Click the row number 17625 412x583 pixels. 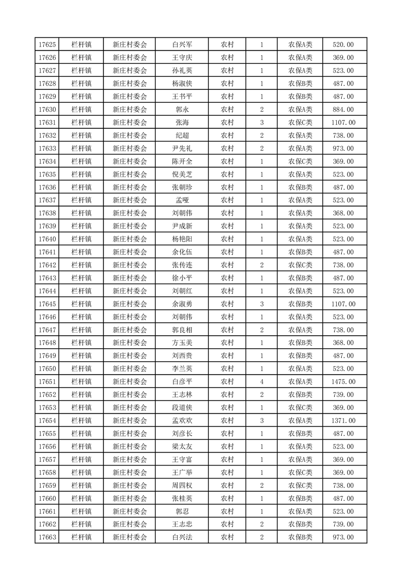pyautogui.click(x=47, y=45)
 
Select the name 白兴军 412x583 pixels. pyautogui.click(x=182, y=45)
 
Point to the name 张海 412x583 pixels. pyautogui.click(x=182, y=123)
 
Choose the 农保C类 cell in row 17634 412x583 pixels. pyautogui.click(x=300, y=162)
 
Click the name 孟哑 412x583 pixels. pyautogui.click(x=182, y=201)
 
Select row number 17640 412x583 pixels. pyautogui.click(x=47, y=239)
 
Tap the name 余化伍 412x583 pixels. pyautogui.click(x=182, y=252)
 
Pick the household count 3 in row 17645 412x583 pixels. pyautogui.click(x=261, y=304)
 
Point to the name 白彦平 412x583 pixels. pyautogui.click(x=182, y=382)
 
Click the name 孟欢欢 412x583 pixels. pyautogui.click(x=182, y=420)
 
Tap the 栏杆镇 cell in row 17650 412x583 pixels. pyautogui.click(x=82, y=369)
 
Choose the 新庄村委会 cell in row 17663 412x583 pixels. pyautogui.click(x=130, y=537)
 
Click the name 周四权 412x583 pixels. pyautogui.click(x=182, y=485)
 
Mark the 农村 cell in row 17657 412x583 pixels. pyautogui.click(x=227, y=459)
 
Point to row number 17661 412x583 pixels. pyautogui.click(x=47, y=511)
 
